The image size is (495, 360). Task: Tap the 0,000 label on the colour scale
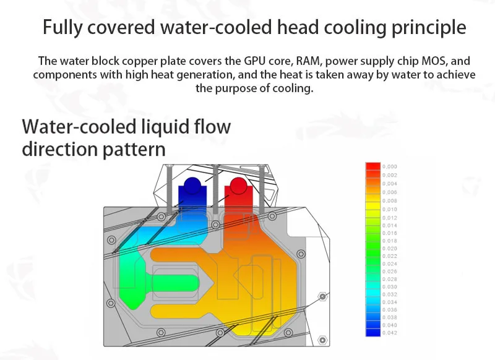tap(390, 167)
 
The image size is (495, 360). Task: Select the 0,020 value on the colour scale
tap(390, 248)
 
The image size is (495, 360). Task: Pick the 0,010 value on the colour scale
tap(390, 209)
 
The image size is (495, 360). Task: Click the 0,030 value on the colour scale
tap(390, 286)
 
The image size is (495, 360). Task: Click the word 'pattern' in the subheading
tap(135, 149)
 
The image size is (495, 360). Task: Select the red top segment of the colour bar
tap(373, 167)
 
